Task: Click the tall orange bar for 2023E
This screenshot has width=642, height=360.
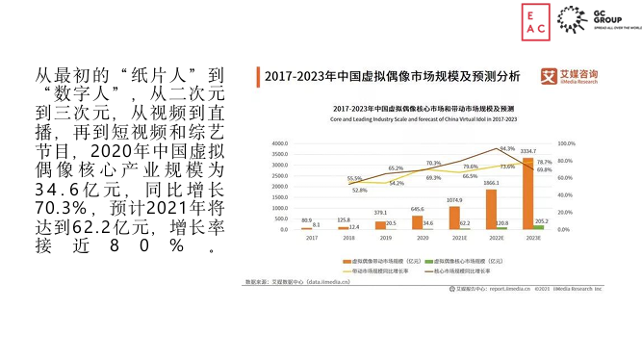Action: (x=528, y=194)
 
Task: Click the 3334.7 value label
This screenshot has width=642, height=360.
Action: (x=528, y=151)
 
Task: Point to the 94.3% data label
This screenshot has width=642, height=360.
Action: (x=506, y=149)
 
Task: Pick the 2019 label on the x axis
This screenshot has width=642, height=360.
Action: (x=385, y=238)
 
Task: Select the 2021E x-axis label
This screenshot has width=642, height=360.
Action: (x=460, y=238)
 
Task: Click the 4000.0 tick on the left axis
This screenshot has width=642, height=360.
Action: (x=280, y=143)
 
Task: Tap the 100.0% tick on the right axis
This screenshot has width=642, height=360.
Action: (x=566, y=143)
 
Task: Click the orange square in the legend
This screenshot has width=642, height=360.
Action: (x=346, y=260)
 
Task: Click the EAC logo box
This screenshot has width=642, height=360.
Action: (x=536, y=23)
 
